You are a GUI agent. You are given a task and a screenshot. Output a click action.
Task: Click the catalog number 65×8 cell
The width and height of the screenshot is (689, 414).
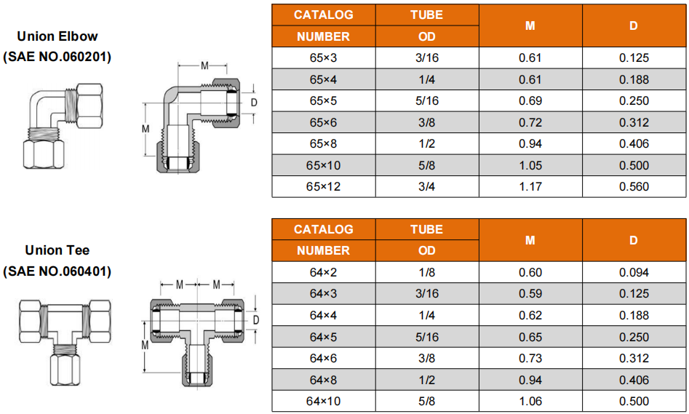[x=324, y=144]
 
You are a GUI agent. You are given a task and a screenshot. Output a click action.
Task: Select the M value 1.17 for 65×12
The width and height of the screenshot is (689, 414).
[x=530, y=187]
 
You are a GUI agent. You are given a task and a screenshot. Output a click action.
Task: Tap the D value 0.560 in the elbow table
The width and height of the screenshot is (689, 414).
[x=634, y=187]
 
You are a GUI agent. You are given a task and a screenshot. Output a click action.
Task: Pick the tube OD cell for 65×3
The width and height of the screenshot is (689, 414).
[x=426, y=57]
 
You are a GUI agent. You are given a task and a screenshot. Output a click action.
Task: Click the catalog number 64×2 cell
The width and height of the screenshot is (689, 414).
[x=324, y=272]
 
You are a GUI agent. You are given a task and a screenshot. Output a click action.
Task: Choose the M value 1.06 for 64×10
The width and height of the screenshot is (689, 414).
[x=530, y=401]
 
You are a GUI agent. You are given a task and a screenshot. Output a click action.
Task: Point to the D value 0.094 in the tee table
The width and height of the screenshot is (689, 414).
[x=634, y=272]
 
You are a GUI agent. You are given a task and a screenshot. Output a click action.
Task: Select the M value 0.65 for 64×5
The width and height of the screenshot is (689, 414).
[x=530, y=337]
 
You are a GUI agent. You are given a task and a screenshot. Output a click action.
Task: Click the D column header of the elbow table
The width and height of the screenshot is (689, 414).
[x=634, y=25]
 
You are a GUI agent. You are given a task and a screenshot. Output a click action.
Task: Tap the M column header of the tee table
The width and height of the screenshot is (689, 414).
[x=530, y=240]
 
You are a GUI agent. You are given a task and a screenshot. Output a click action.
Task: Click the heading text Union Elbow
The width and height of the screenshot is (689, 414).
[x=57, y=36]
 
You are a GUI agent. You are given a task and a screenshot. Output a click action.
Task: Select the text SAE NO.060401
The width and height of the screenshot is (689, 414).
[x=57, y=271]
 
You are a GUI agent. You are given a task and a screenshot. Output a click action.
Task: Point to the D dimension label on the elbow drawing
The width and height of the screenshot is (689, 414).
[x=253, y=103]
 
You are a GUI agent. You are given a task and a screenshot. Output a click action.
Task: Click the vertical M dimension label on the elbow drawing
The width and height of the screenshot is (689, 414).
[x=146, y=129]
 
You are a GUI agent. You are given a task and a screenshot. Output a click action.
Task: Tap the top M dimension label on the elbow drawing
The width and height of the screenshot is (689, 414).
[x=204, y=66]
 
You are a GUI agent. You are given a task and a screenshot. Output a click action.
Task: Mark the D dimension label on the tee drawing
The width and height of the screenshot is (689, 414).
[x=256, y=320]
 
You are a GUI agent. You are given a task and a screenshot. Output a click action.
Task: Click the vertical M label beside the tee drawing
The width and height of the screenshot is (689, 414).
[x=145, y=346]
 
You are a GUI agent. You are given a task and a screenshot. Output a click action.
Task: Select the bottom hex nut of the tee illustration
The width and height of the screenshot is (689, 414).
[x=65, y=370]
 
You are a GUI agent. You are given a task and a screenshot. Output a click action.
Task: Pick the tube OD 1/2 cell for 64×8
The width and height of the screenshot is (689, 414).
[x=426, y=380]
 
